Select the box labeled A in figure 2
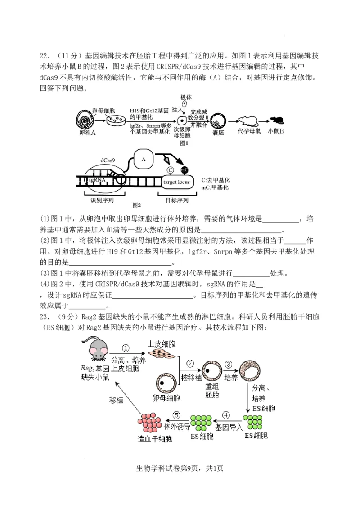click(x=144, y=159)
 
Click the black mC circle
click(x=184, y=170)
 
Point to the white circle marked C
click(x=170, y=170)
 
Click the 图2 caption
click(x=137, y=205)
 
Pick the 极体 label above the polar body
click(x=186, y=97)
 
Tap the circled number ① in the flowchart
click(x=126, y=348)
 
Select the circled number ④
click(x=226, y=415)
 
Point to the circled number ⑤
click(x=177, y=415)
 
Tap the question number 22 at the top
click(x=44, y=56)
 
